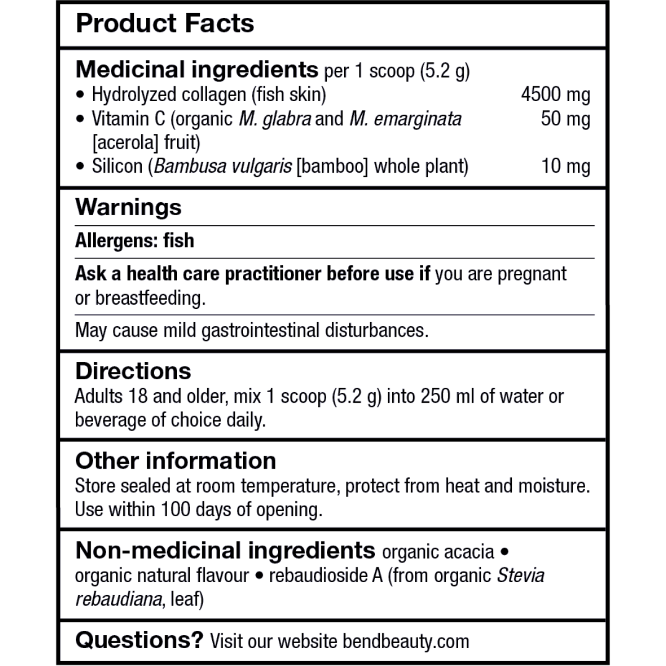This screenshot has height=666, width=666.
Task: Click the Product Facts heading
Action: coord(165,23)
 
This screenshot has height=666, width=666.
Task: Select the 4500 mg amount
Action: coord(555,95)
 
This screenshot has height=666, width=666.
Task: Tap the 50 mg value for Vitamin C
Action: coord(565,119)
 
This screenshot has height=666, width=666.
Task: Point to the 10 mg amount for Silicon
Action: coord(565,166)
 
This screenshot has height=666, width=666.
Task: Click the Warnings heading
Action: coord(128,207)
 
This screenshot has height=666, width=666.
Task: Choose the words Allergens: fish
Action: coord(134,240)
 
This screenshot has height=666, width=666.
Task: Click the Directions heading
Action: coord(133,371)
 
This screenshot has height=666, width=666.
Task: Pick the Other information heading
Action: coord(176,461)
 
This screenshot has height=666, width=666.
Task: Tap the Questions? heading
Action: coord(139,641)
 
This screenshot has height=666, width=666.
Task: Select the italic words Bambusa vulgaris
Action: coord(223,166)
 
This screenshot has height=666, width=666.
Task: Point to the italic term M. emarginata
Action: coord(405,119)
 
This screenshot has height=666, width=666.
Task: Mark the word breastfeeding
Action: coord(148,298)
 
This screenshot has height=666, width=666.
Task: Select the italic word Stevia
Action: coord(521,576)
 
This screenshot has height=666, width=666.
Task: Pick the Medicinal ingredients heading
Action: coord(197,70)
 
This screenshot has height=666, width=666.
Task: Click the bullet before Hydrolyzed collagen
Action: coord(80,96)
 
